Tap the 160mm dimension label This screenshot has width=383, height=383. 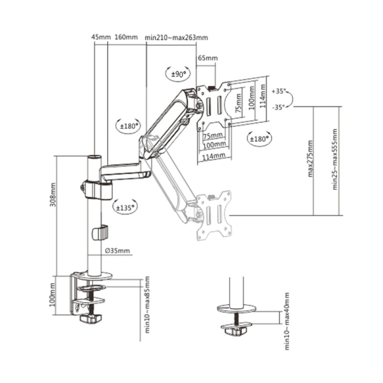(126, 37)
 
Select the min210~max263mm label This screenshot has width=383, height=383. (176, 38)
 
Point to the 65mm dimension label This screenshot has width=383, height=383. (207, 58)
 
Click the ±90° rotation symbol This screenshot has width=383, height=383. (178, 73)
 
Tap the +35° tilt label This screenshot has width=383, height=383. (279, 91)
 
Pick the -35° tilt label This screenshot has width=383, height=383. (279, 107)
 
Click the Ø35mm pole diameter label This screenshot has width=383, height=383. (117, 251)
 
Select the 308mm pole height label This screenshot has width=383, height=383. (53, 195)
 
